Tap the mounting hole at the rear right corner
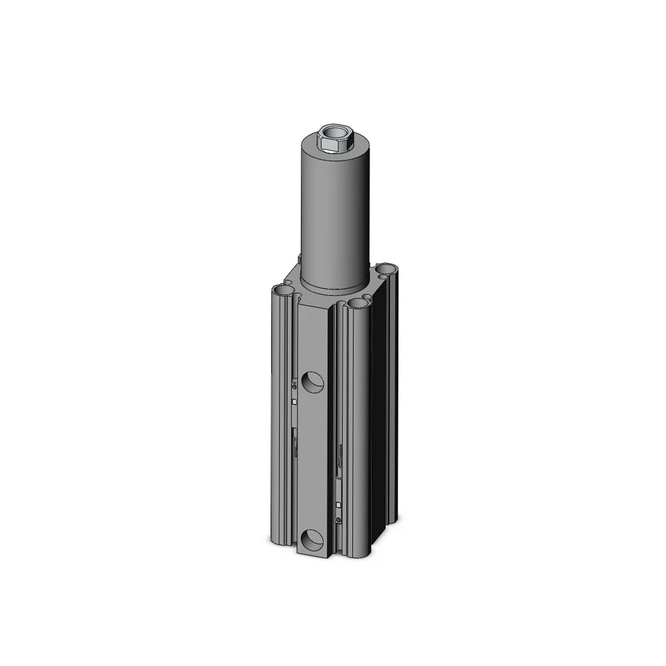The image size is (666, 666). click(x=386, y=270)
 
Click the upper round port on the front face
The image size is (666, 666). click(x=312, y=382)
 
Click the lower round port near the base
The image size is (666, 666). click(x=311, y=539)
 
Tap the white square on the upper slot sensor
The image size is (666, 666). click(x=294, y=401)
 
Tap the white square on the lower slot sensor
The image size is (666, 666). click(x=340, y=505)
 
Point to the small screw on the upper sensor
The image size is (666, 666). click(x=294, y=385)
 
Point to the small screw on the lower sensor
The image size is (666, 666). click(x=340, y=520)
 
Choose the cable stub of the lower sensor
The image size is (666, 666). click(x=340, y=460)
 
